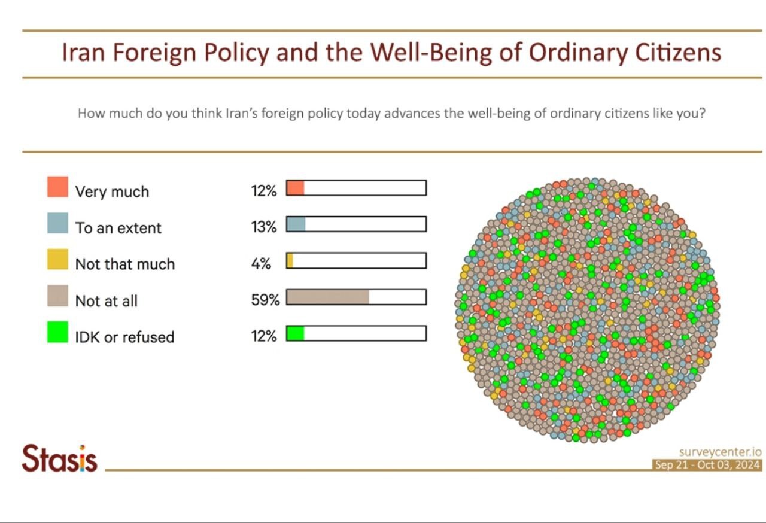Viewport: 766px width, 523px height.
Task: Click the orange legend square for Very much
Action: click(x=57, y=187)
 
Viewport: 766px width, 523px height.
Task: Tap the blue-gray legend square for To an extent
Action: click(x=57, y=223)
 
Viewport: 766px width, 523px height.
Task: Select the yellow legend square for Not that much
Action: click(x=57, y=260)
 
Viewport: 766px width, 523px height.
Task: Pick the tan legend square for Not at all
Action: click(x=57, y=296)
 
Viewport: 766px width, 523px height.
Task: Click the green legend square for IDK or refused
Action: click(x=57, y=333)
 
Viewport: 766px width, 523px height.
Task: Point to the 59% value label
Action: click(x=265, y=300)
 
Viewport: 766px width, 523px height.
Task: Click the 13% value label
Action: click(x=264, y=227)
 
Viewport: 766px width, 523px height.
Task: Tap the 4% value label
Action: click(x=261, y=264)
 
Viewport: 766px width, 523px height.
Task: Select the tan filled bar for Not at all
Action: click(x=328, y=297)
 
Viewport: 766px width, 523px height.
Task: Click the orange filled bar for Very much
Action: click(x=296, y=188)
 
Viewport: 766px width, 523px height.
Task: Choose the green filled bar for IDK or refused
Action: click(x=296, y=333)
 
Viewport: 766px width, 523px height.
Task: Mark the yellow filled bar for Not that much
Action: click(x=290, y=261)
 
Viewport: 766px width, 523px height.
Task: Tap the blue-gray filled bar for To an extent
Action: click(x=296, y=224)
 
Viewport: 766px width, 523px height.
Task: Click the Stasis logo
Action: click(x=59, y=459)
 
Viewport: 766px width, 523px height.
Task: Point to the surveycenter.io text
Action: click(x=720, y=452)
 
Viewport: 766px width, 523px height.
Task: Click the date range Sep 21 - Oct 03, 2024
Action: click(x=707, y=465)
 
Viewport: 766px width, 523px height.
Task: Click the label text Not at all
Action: click(x=106, y=300)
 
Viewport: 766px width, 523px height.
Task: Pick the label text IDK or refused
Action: click(x=124, y=337)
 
